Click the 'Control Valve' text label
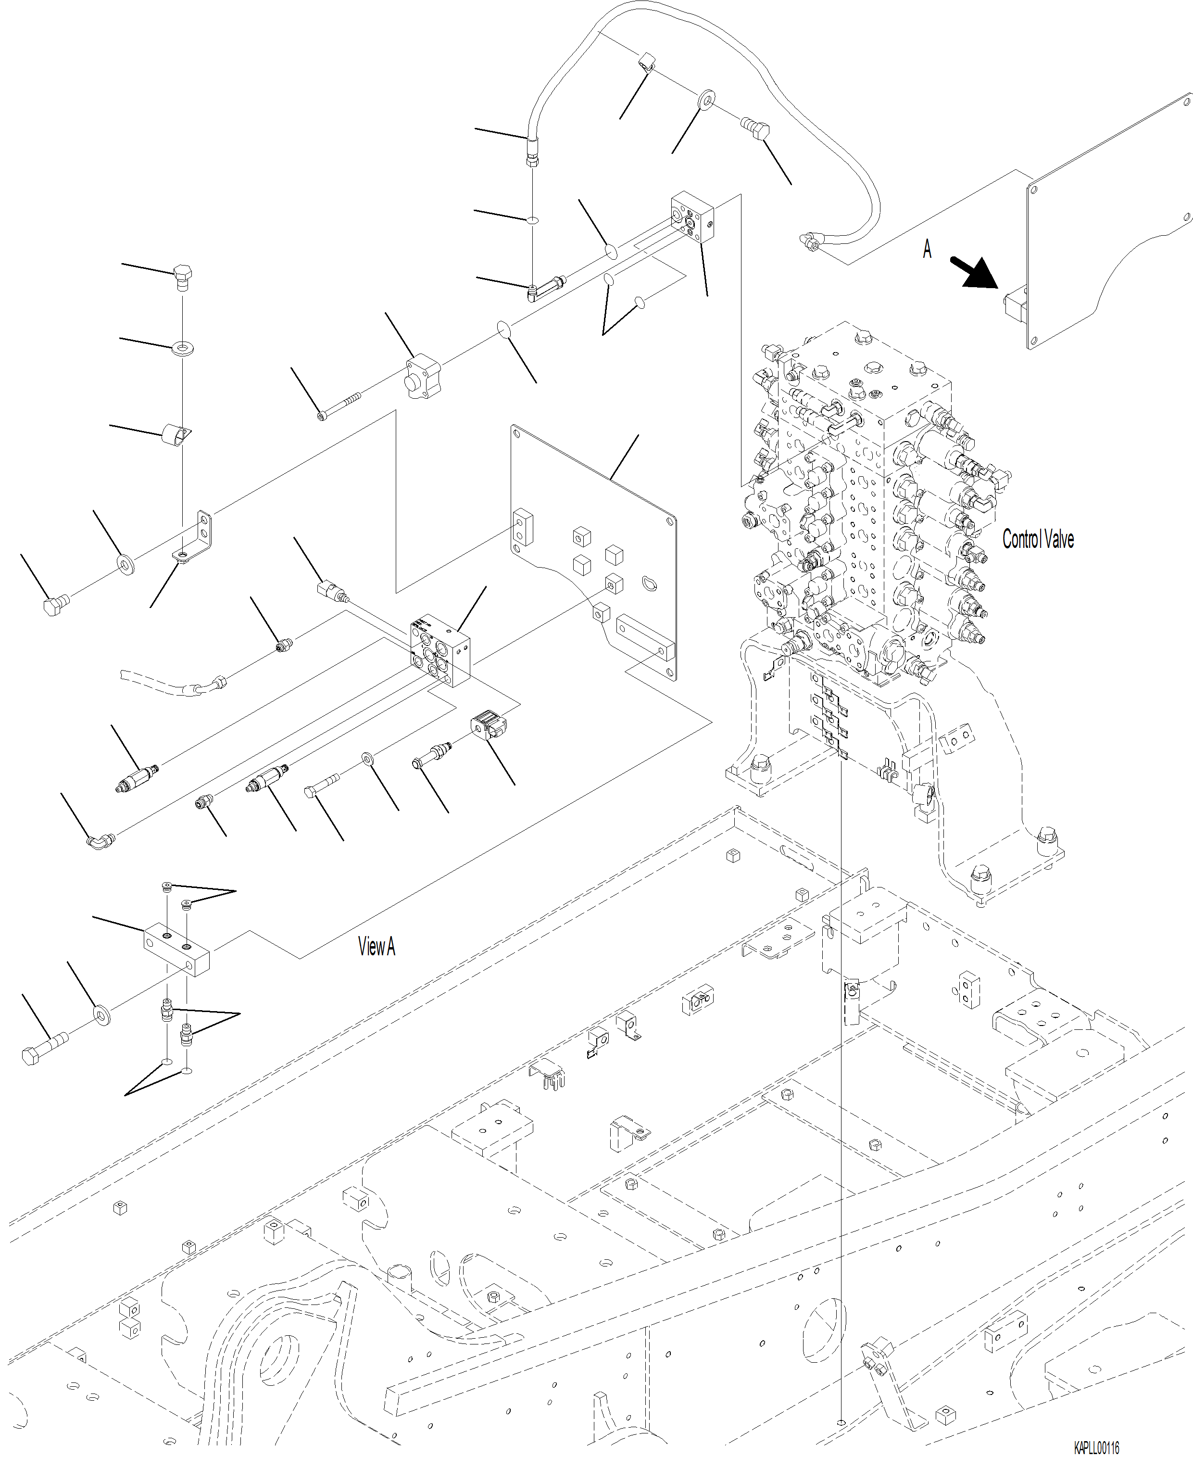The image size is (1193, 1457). [x=1038, y=540]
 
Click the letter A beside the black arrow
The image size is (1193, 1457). [x=927, y=249]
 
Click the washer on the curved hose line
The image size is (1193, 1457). [x=706, y=101]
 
